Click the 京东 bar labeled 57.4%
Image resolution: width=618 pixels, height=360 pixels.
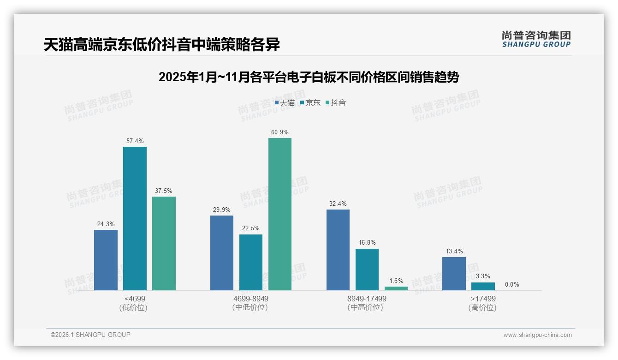pos(135,218)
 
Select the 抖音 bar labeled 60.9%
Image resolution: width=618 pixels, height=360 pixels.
pos(280,214)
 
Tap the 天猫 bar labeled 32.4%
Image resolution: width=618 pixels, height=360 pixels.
pos(338,250)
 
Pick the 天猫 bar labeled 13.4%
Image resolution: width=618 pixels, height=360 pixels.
pos(454,274)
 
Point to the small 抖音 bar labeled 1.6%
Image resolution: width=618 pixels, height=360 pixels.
pos(396,288)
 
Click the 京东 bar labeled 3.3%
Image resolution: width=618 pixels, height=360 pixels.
pos(483,286)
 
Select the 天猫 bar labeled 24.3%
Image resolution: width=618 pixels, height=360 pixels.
pos(106,260)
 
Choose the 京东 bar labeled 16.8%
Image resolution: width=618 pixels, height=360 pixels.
pos(367,270)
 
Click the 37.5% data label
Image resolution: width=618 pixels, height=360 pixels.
pos(164,191)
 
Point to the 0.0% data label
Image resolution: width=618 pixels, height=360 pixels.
pos(512,284)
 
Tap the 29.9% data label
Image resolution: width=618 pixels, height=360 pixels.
pos(222,210)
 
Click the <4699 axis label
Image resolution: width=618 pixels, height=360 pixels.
pos(135,299)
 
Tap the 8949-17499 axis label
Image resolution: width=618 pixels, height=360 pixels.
pos(367,299)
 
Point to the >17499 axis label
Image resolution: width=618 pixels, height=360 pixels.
pos(483,299)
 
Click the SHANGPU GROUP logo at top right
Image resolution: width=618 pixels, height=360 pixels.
pos(536,39)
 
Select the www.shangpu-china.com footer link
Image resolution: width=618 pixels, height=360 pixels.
pos(537,335)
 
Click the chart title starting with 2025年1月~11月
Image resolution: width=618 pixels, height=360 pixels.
pos(309,77)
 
